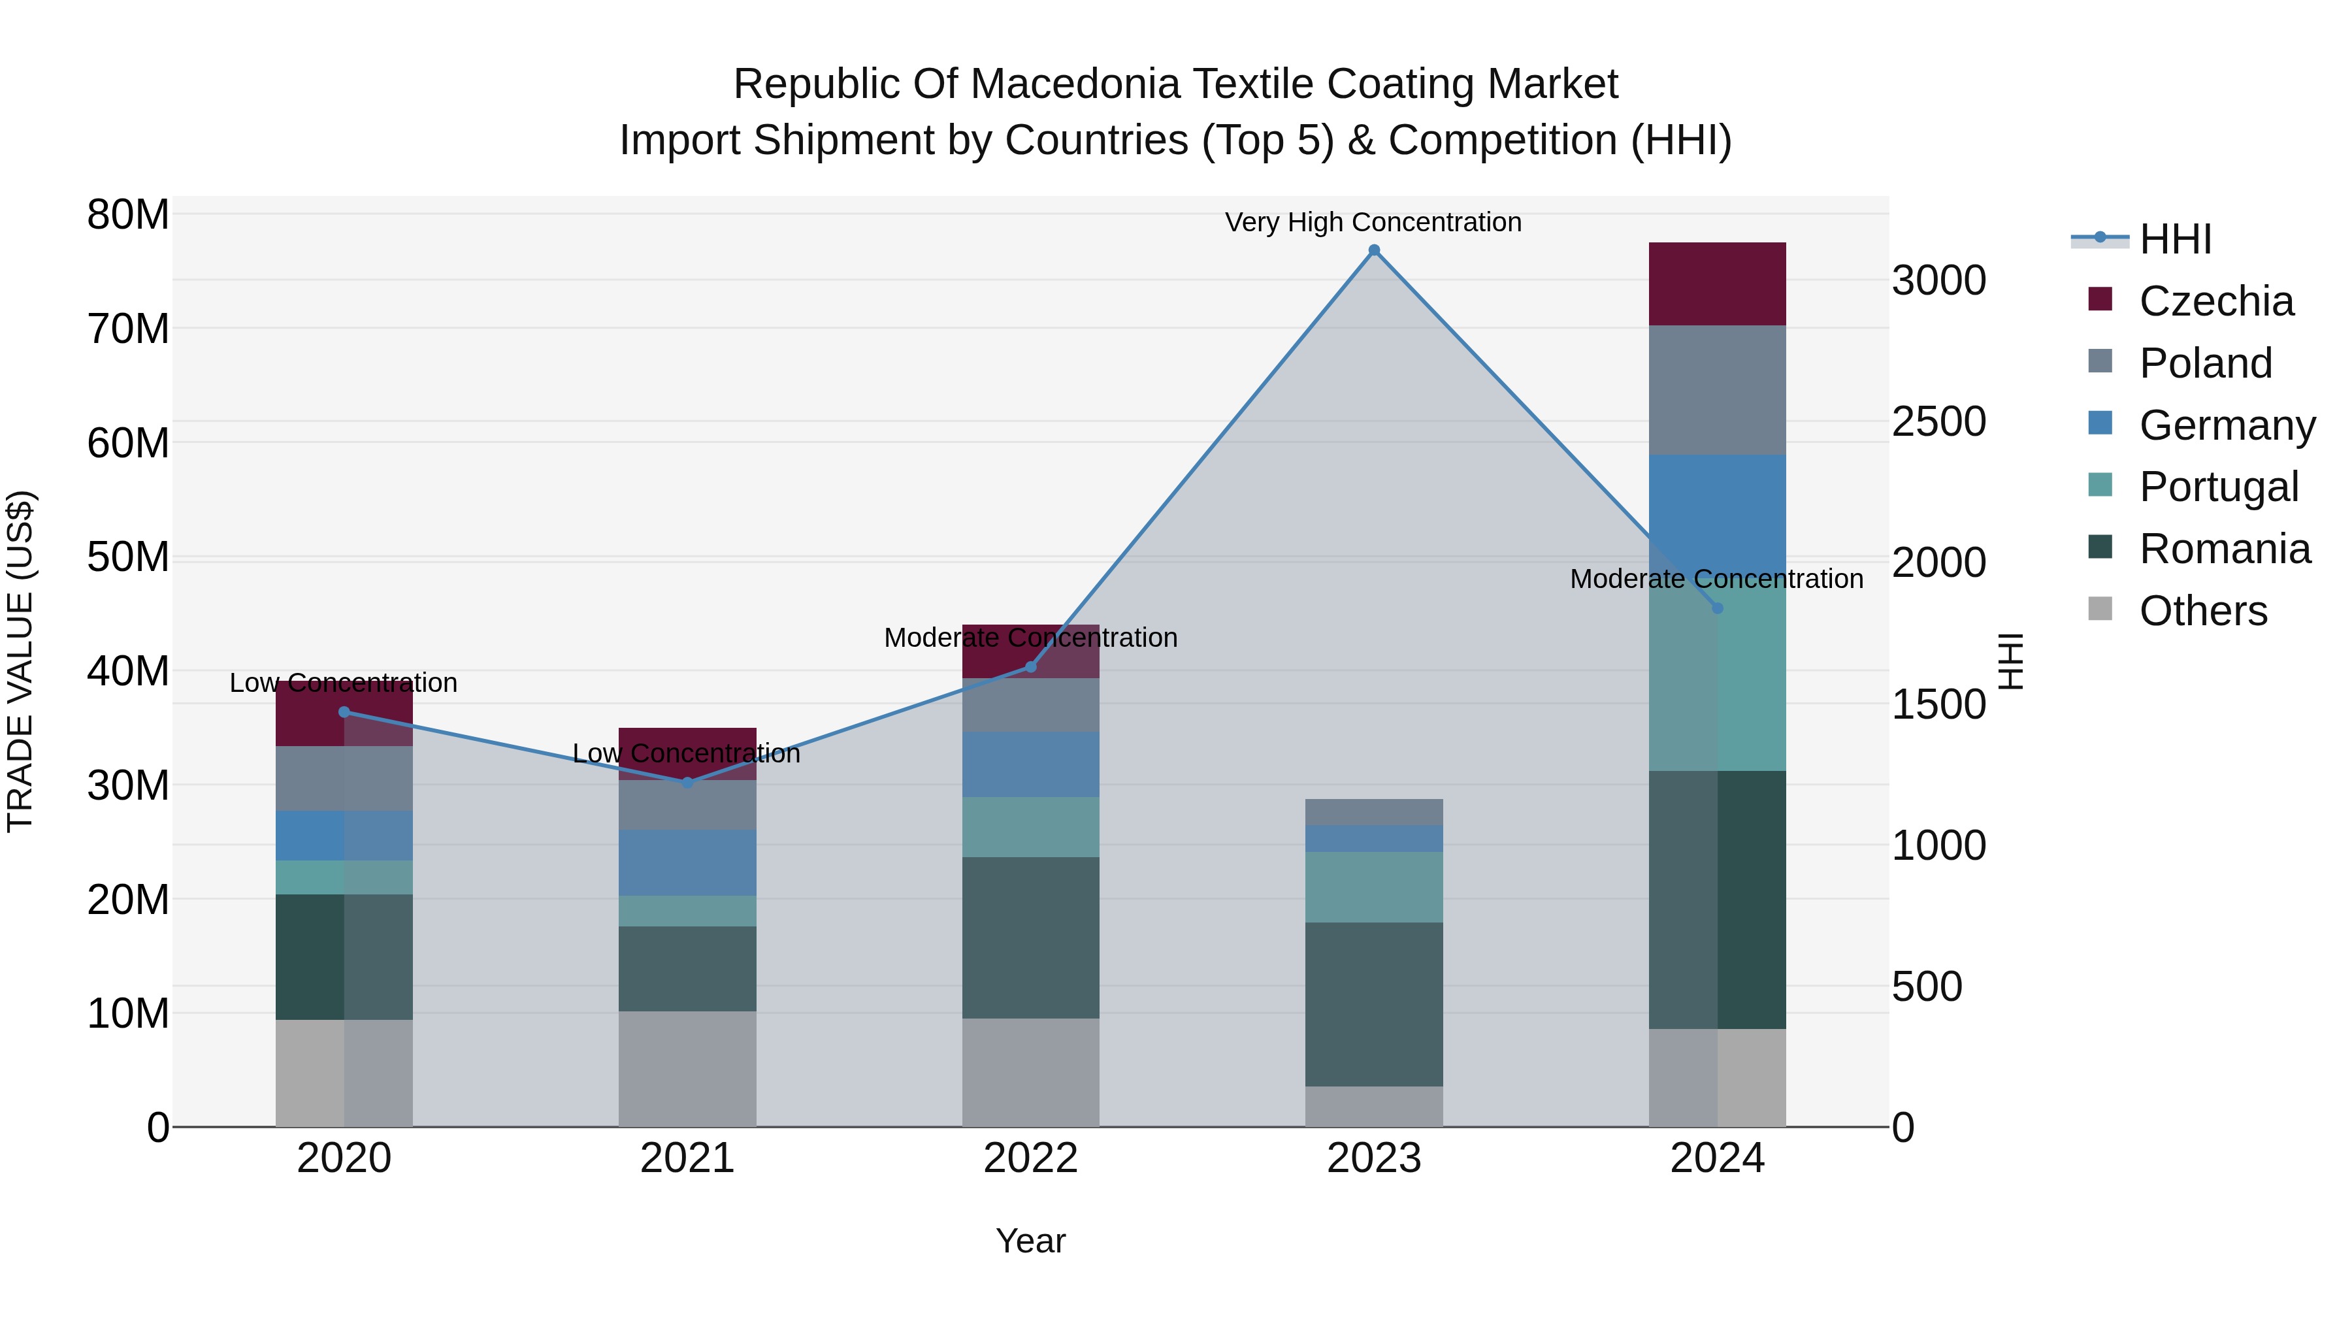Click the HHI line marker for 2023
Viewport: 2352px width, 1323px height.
pyautogui.click(x=1373, y=250)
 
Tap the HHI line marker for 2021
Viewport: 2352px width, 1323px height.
pyautogui.click(x=687, y=783)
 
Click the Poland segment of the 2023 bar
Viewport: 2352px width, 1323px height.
pyautogui.click(x=1373, y=811)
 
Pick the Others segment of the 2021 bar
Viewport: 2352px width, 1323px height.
pyautogui.click(x=687, y=1068)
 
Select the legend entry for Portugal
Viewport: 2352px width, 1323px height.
pyautogui.click(x=2218, y=487)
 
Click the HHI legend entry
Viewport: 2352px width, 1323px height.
pyautogui.click(x=2175, y=239)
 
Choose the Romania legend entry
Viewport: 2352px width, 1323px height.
pyautogui.click(x=2224, y=549)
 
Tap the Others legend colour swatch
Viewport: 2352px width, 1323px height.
pyautogui.click(x=2100, y=609)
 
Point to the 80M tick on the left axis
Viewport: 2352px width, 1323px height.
pyautogui.click(x=128, y=216)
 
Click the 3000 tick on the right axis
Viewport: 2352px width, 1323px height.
pyautogui.click(x=1938, y=280)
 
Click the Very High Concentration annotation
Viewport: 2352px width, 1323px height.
pyautogui.click(x=1373, y=222)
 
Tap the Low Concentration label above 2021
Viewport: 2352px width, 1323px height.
pyautogui.click(x=687, y=753)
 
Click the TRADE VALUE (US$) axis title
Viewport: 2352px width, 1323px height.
pyautogui.click(x=20, y=661)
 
